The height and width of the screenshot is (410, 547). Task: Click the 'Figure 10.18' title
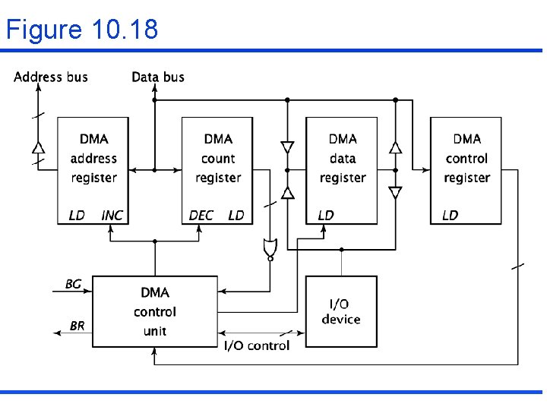(x=82, y=29)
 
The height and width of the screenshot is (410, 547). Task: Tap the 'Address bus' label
(x=51, y=77)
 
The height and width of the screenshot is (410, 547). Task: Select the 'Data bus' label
(x=158, y=77)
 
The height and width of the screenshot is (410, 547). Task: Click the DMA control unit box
(x=154, y=311)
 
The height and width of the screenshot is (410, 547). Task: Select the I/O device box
(x=340, y=311)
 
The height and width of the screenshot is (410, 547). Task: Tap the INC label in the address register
(x=112, y=216)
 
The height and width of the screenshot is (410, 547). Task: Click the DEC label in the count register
(x=201, y=216)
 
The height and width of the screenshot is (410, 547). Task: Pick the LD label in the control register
(x=450, y=216)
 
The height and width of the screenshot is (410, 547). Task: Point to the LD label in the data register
(x=325, y=216)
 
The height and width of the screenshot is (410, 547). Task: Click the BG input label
(x=73, y=284)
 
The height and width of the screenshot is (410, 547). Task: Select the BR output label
(x=77, y=326)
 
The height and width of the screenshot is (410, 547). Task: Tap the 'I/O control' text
(x=256, y=345)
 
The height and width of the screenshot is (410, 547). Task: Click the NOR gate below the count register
(x=269, y=248)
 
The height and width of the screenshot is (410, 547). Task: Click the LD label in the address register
(x=77, y=216)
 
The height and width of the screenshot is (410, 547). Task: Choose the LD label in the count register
(x=236, y=216)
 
